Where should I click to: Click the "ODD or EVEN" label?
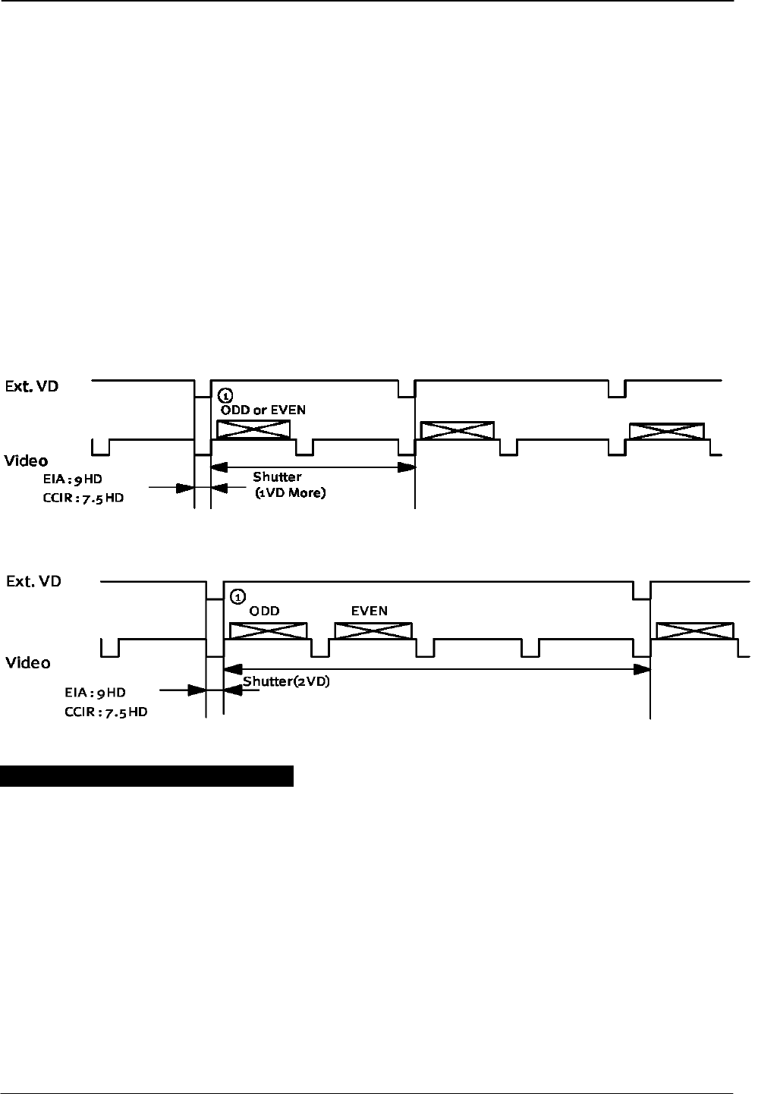point(263,410)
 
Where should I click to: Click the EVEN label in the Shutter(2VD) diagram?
point(370,611)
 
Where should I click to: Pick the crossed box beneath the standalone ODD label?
point(268,631)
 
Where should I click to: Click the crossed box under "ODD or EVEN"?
point(253,429)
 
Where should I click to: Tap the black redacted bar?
point(146,777)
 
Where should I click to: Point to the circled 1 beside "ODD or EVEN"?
point(225,395)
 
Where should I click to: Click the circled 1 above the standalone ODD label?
point(237,596)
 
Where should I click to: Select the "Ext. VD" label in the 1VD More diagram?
point(32,386)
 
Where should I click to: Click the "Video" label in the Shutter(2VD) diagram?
point(28,662)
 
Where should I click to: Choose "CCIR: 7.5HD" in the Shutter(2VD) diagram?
point(105,713)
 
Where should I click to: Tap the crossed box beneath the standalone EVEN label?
point(373,631)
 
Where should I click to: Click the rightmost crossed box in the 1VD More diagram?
point(667,431)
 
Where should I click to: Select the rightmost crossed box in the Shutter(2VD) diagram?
point(695,631)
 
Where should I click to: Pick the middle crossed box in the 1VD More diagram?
point(457,431)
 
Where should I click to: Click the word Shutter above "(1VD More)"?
point(277,477)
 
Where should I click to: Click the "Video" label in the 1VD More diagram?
point(26,461)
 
